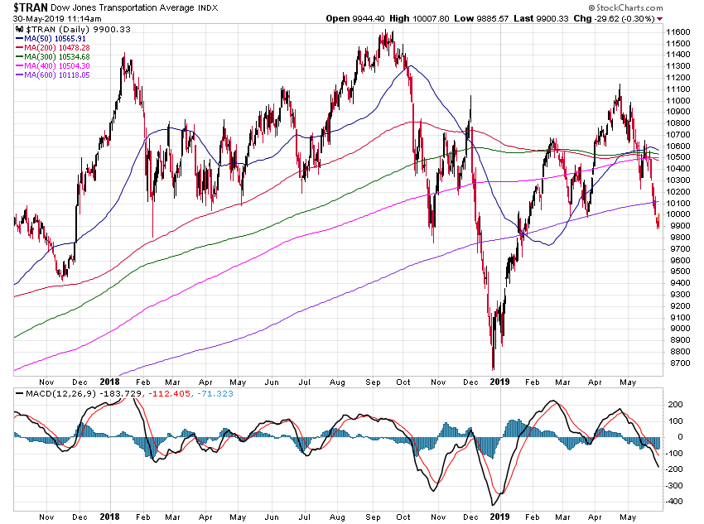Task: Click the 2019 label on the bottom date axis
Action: point(499,517)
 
